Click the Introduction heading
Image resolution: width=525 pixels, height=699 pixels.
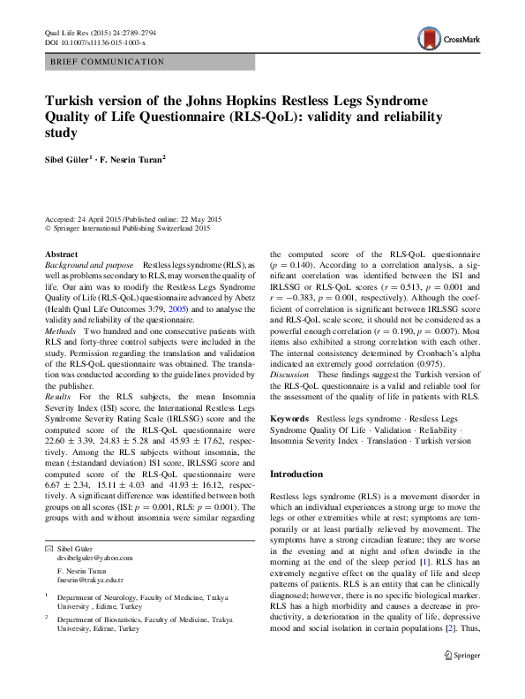[300, 474]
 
